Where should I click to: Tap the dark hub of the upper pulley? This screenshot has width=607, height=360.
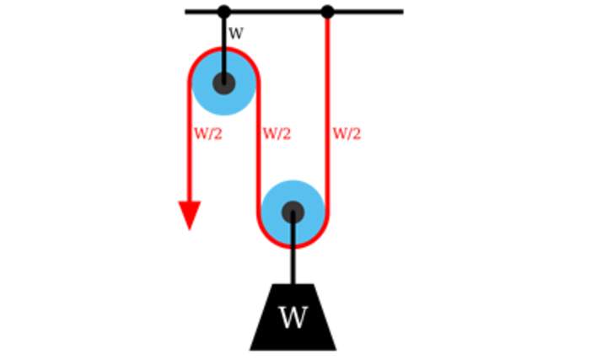223,83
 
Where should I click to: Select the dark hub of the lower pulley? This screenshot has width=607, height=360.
293,212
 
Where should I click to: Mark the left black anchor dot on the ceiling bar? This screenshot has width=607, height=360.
223,12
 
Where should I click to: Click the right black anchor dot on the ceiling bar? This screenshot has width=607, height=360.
327,12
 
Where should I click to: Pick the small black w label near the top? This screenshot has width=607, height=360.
236,34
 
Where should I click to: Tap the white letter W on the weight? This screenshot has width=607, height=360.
293,318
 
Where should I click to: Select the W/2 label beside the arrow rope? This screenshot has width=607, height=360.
208,133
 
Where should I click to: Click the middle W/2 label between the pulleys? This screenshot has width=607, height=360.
277,133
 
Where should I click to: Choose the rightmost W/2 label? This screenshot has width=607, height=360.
346,133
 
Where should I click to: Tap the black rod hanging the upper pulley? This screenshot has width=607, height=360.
223,38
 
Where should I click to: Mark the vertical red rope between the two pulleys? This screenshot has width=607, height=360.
259,160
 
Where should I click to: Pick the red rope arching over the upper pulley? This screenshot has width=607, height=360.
223,50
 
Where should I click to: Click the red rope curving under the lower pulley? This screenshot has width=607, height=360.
293,247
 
